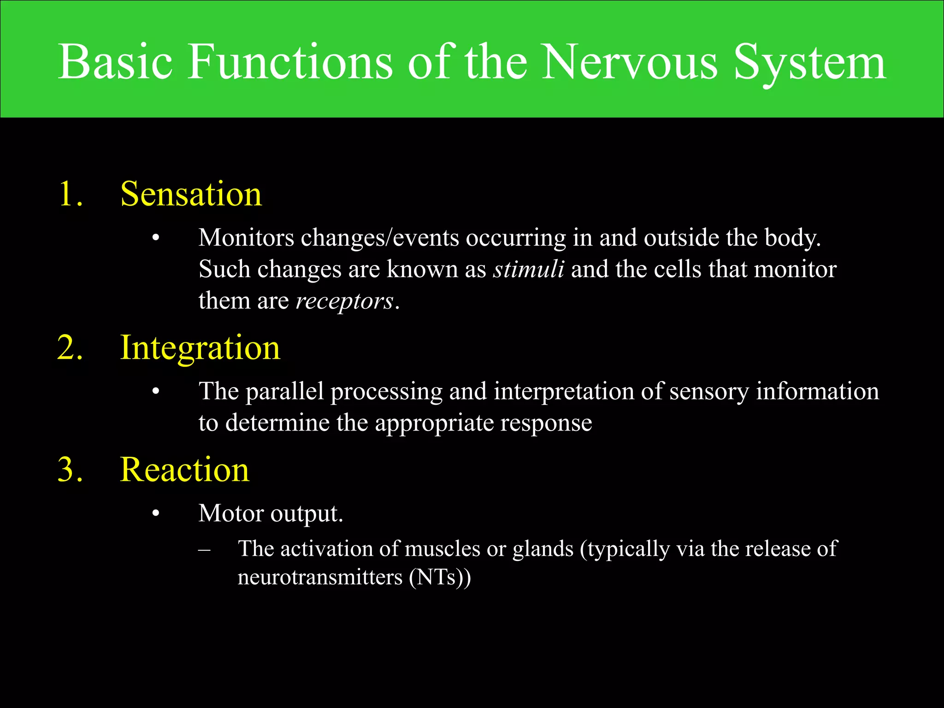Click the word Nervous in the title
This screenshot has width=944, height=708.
click(x=629, y=62)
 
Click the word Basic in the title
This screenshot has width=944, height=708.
click(x=115, y=62)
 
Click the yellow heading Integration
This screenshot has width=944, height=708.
click(x=200, y=348)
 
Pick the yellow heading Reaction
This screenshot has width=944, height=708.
click(x=184, y=470)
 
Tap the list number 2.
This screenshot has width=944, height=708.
click(x=71, y=348)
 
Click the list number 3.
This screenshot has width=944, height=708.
click(x=71, y=470)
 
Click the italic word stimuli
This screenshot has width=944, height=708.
click(x=528, y=269)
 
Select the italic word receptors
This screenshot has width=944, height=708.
click(x=344, y=301)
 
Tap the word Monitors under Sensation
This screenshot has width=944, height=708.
click(x=246, y=238)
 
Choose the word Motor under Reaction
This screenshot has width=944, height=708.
click(x=230, y=513)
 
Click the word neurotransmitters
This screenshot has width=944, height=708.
click(x=320, y=577)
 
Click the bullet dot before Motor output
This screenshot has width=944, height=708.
click(x=156, y=513)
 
